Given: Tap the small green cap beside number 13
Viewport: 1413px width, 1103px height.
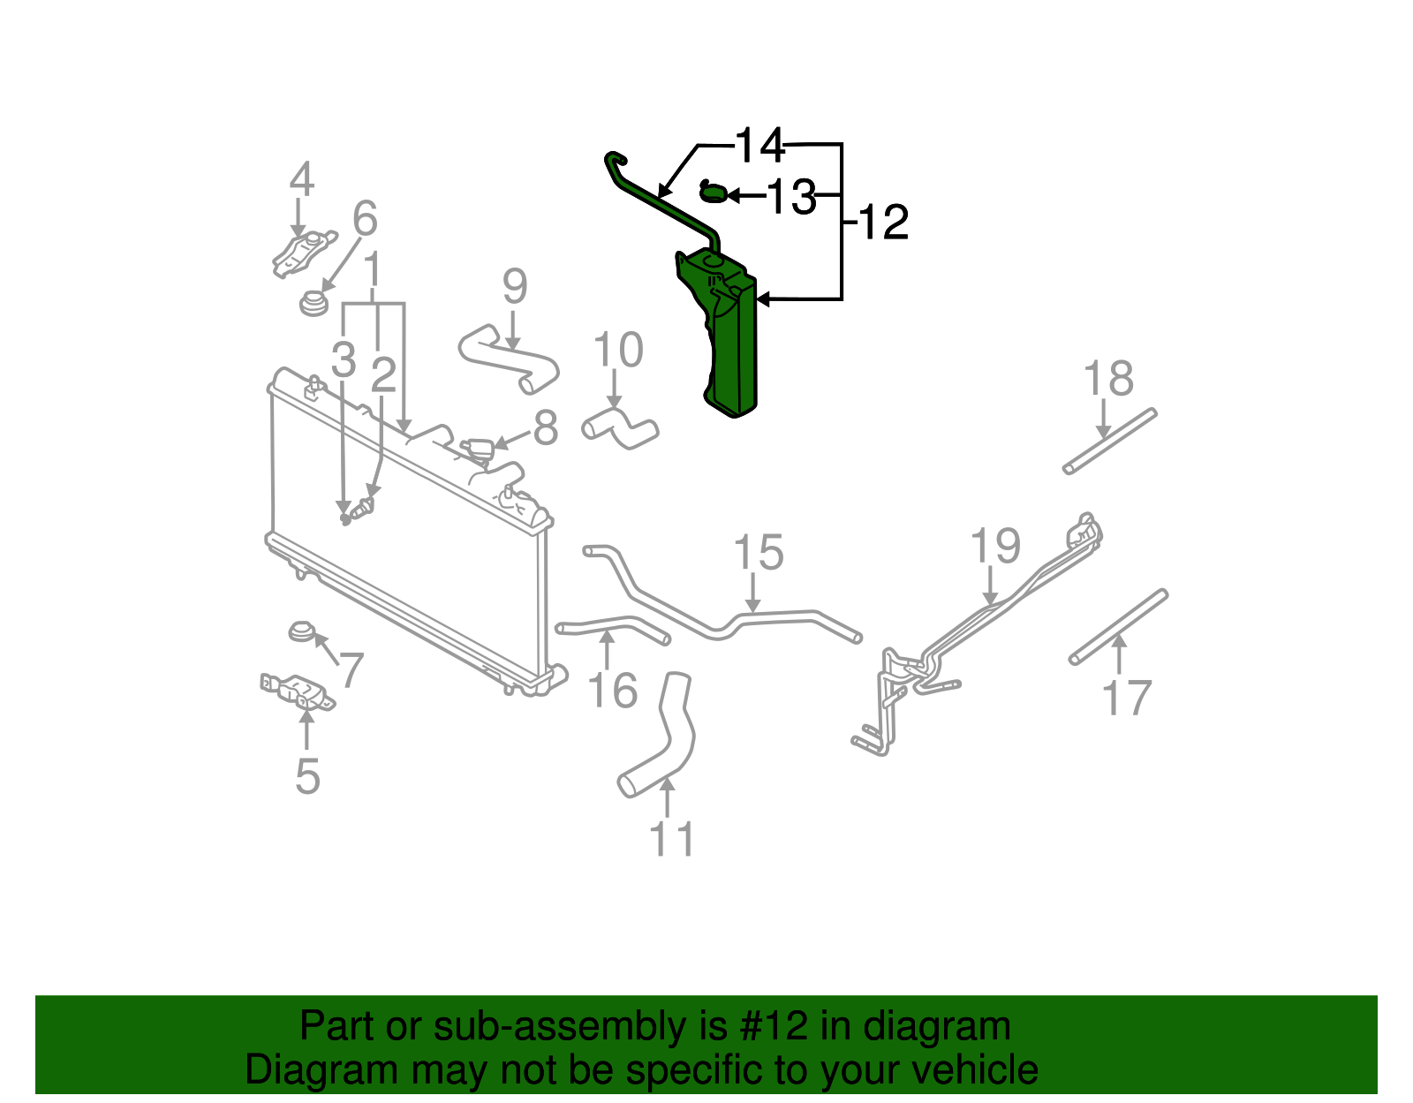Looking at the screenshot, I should pyautogui.click(x=713, y=191).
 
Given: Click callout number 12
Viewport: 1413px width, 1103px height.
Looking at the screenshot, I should pyautogui.click(x=882, y=223).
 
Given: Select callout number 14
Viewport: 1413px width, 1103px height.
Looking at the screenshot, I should pyautogui.click(x=759, y=146).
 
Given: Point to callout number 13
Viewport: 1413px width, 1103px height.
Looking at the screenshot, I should pyautogui.click(x=790, y=197).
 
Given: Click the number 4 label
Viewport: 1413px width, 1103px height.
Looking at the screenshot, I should pyautogui.click(x=302, y=180).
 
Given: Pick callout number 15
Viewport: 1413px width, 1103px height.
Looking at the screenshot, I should pyautogui.click(x=759, y=554).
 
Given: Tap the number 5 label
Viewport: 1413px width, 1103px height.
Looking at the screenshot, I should pyautogui.click(x=306, y=776).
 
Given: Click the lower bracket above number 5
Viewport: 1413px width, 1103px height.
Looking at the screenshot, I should pyautogui.click(x=298, y=691).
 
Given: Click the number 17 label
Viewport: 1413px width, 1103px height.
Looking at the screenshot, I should pyautogui.click(x=1127, y=699).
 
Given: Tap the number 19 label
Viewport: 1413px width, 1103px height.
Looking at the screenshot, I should pyautogui.click(x=995, y=547).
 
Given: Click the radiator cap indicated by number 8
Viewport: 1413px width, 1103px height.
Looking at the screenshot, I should pyautogui.click(x=478, y=450).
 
